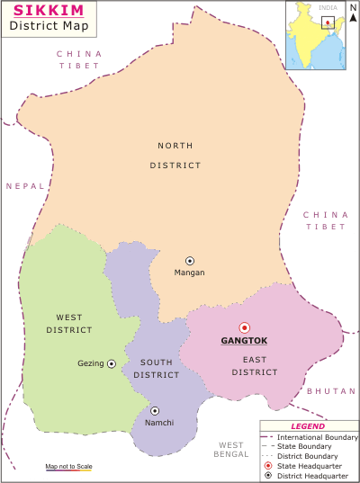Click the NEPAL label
point(24,186)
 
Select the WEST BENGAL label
point(231,451)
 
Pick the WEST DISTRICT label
point(69,324)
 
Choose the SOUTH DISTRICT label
point(157,368)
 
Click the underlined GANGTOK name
point(244,342)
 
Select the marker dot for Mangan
point(189,260)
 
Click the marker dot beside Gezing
point(112,363)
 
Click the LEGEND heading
point(308,426)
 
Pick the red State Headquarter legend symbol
point(268,465)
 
